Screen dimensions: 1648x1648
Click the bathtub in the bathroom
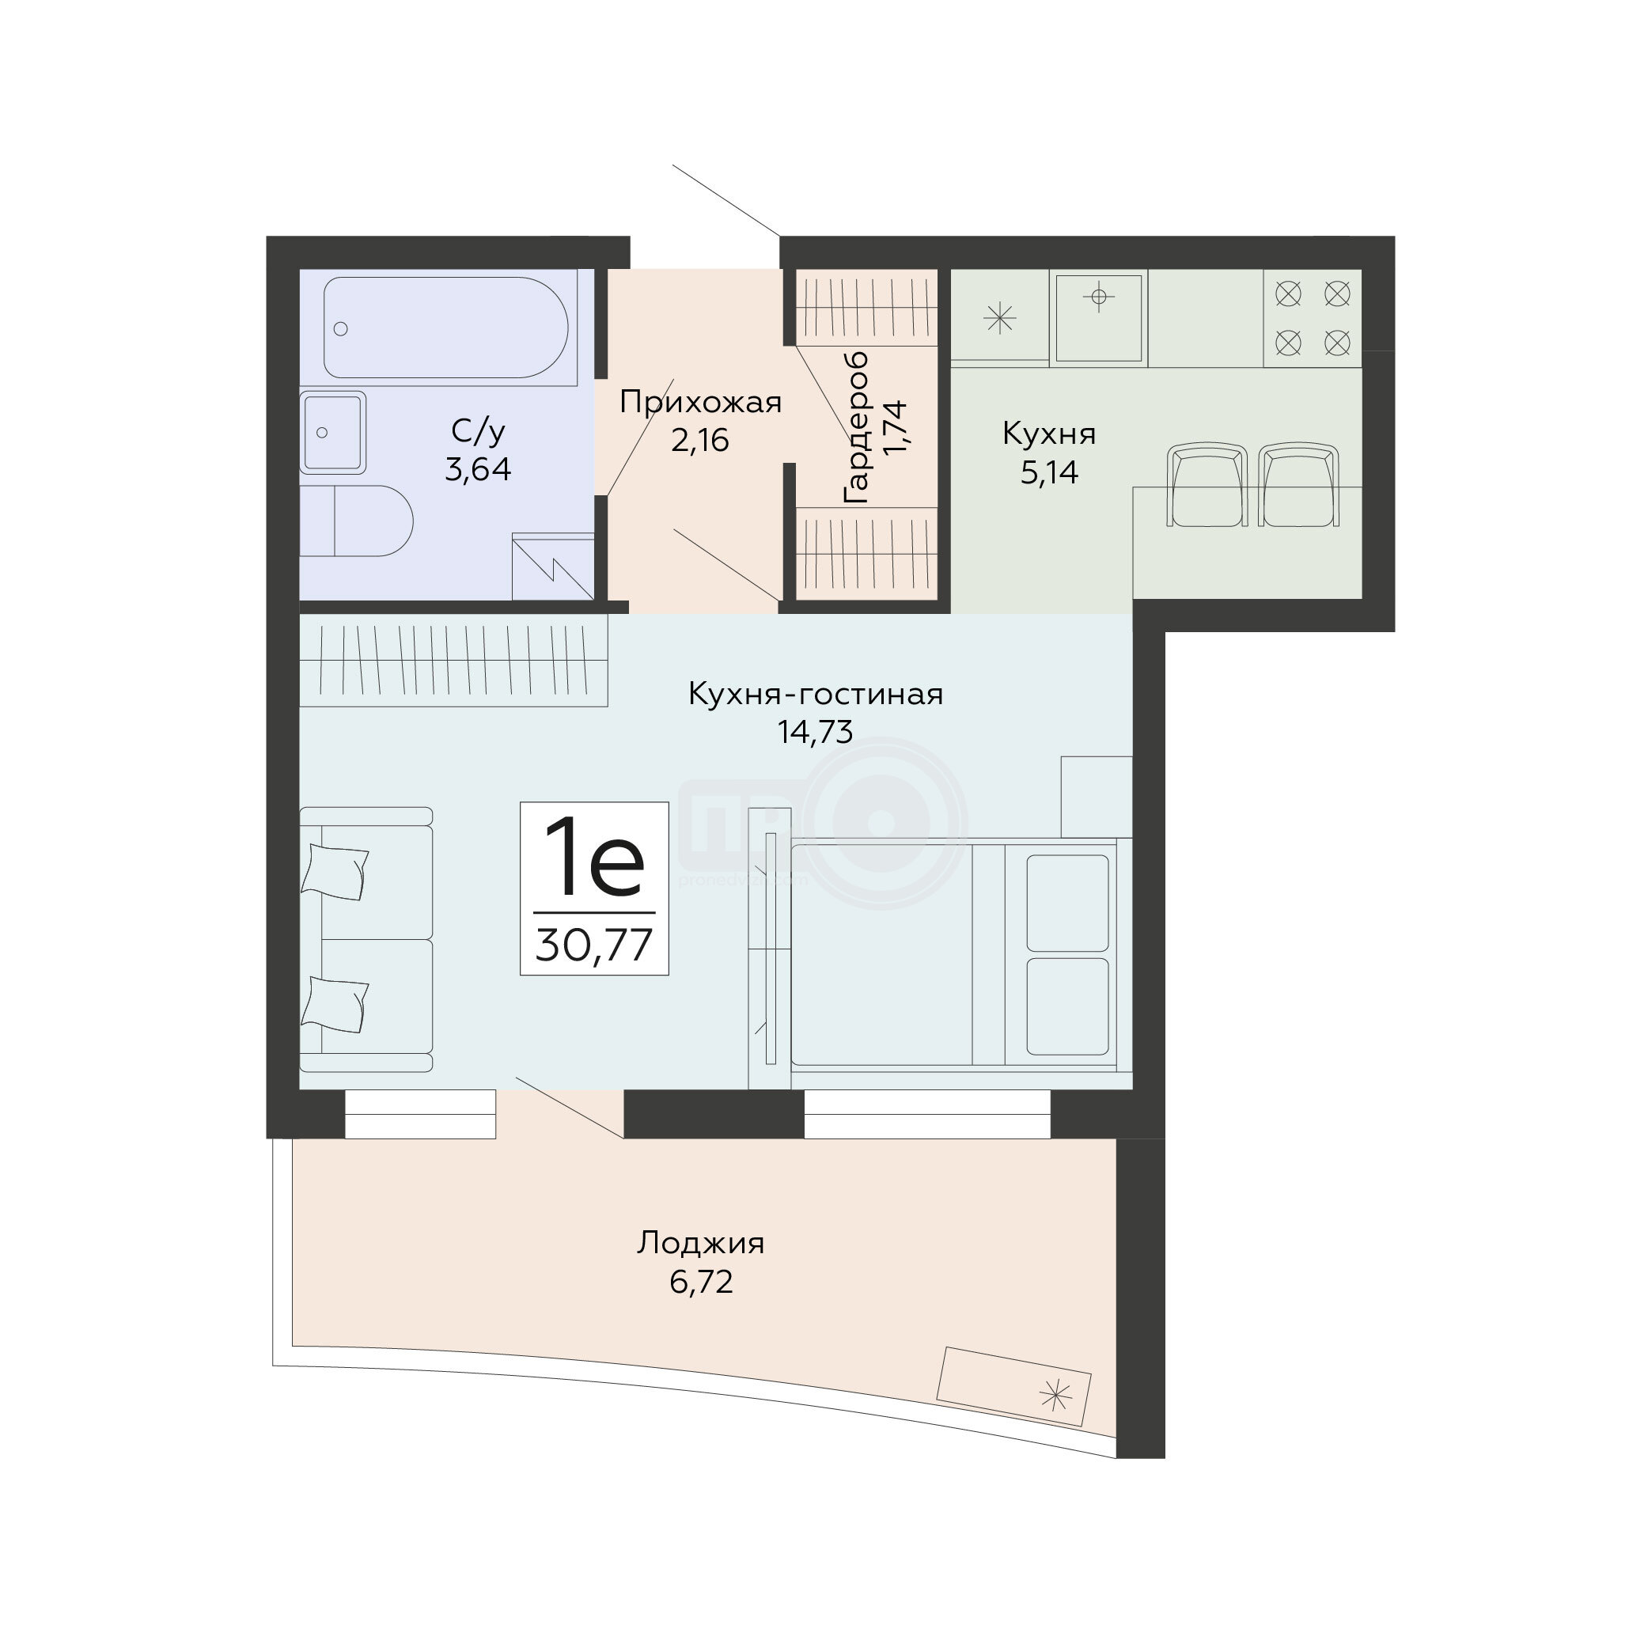[445, 328]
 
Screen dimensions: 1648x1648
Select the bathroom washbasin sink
[332, 433]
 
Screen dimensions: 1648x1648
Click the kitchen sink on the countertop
[1099, 317]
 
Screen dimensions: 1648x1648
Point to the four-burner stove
[1312, 318]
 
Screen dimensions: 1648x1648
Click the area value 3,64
[478, 470]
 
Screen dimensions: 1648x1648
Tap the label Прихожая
[700, 402]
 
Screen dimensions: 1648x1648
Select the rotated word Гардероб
[855, 426]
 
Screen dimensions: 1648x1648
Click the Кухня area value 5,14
[1049, 472]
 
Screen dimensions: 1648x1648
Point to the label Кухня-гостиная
[816, 695]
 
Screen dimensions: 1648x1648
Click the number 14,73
[815, 732]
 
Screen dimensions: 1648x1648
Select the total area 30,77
[594, 945]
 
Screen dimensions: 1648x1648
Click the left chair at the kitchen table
[1208, 484]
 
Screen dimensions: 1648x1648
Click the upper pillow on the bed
[1067, 903]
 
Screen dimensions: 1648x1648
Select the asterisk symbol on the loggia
[1055, 1396]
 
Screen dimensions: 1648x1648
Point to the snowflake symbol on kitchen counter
[999, 319]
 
